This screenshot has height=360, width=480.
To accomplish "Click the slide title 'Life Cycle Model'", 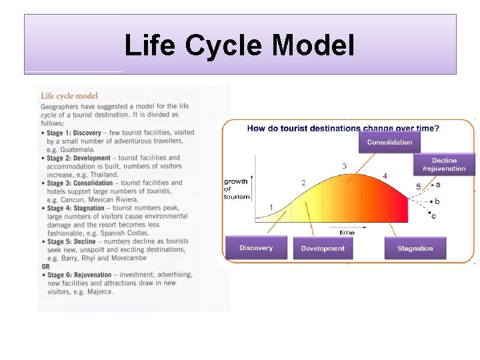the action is [239, 46].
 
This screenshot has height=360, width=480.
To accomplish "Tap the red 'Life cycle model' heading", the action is [69, 96].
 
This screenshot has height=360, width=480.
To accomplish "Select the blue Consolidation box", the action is [390, 142].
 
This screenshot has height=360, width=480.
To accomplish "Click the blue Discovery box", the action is [256, 248].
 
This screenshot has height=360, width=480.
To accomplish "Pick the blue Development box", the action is [323, 248].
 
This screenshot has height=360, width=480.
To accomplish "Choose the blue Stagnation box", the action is [415, 248].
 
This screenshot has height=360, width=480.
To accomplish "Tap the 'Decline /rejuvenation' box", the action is [444, 165].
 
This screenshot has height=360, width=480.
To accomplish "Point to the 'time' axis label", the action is [347, 233].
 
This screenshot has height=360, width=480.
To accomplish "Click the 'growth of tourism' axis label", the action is [236, 189].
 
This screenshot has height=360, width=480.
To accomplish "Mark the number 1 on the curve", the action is [271, 207].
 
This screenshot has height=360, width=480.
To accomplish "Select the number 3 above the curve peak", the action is [344, 165].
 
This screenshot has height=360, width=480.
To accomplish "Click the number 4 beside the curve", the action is [384, 175].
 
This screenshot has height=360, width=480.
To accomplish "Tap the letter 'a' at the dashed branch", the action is [438, 185].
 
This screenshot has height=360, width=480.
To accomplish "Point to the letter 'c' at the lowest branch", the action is [434, 215].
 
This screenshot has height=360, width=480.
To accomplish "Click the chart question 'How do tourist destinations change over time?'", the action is [343, 128].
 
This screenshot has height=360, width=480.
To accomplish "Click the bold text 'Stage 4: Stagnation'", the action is [75, 208].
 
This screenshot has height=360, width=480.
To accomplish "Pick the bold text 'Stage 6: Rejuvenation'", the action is [78, 275].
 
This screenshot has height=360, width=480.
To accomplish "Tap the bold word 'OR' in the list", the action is [45, 267].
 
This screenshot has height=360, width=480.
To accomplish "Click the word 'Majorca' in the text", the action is [103, 291].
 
